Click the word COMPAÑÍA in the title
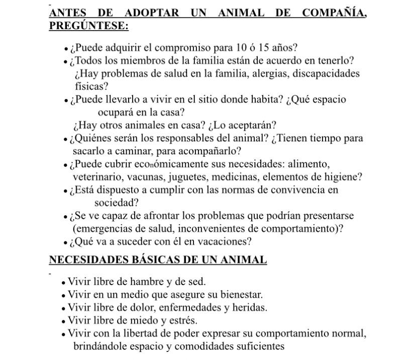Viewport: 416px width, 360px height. tap(335, 13)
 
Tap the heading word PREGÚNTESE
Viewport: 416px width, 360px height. tap(88, 26)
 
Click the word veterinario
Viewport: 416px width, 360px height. tap(99, 177)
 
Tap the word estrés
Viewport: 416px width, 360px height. tap(182, 320)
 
